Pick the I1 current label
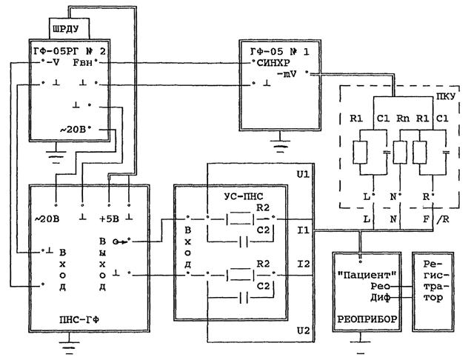pyautogui.click(x=301, y=232)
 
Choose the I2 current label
pyautogui.click(x=301, y=264)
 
